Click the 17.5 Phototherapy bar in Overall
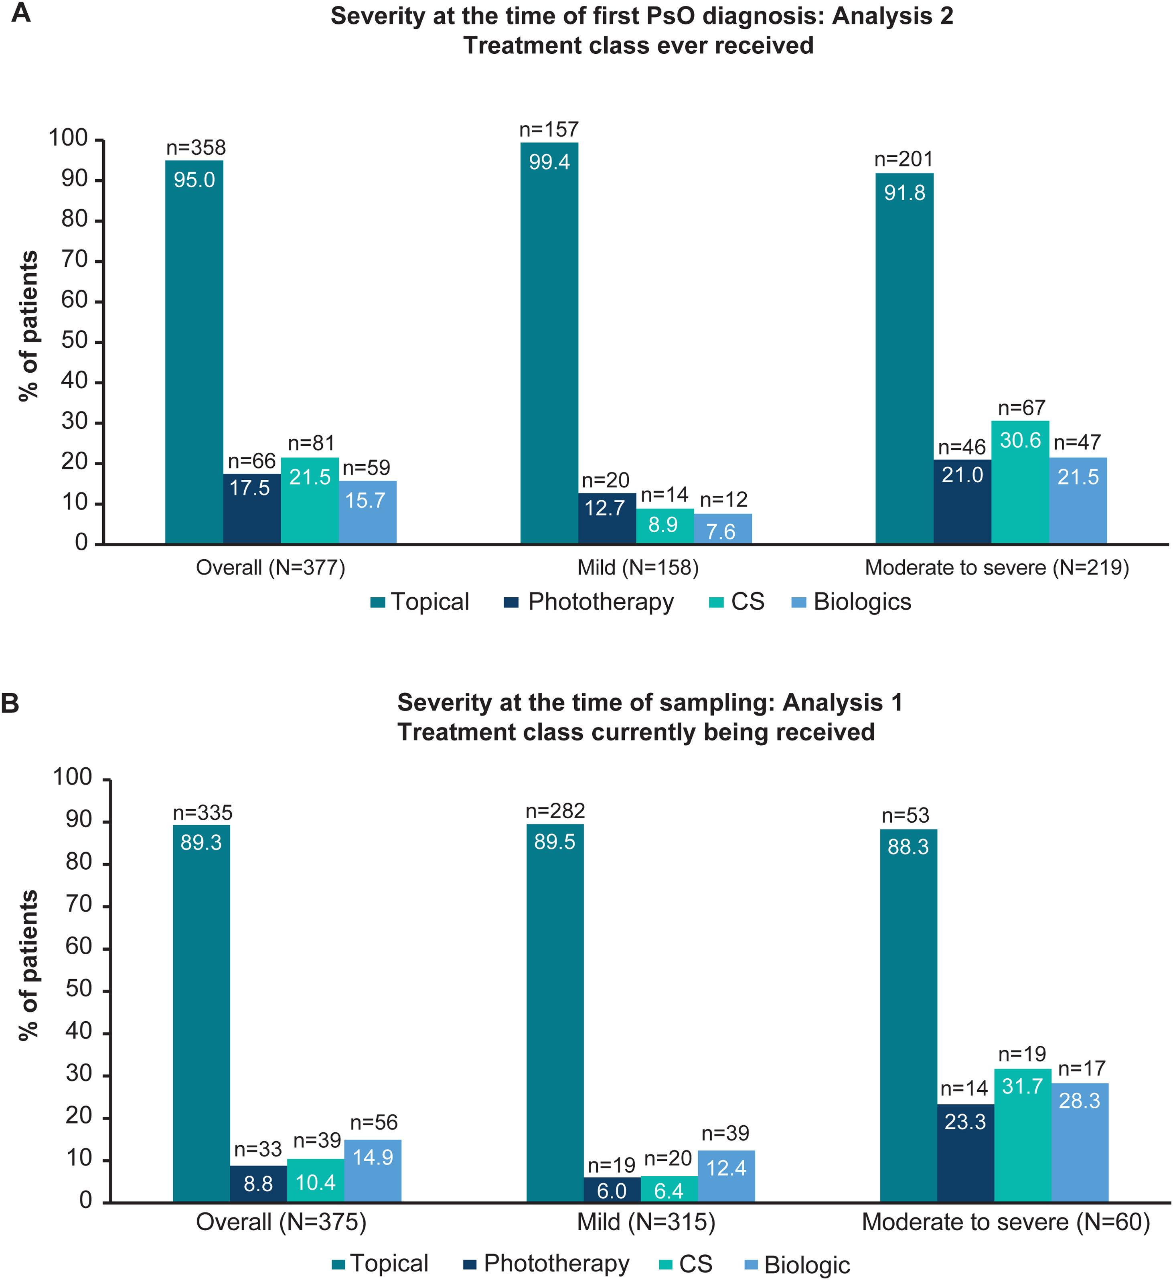tap(251, 509)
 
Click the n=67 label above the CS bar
tap(1021, 408)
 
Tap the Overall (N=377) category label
tap(270, 567)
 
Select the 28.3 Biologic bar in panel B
tap(1080, 1142)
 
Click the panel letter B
tap(11, 704)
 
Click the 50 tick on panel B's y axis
tap(79, 990)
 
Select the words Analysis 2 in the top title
tap(892, 16)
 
